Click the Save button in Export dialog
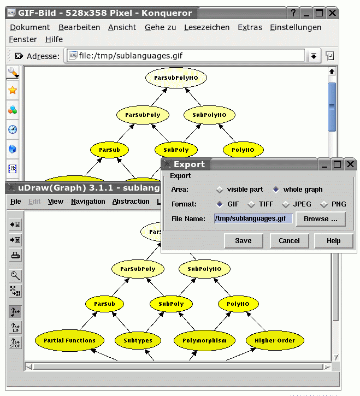243,241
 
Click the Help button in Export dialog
333,241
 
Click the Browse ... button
321,219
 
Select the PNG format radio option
324,205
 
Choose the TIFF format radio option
251,205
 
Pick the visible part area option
220,190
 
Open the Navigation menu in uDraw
88,202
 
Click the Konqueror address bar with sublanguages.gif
186,56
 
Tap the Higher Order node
275,340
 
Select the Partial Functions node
69,340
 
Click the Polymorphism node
204,340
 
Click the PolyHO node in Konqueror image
244,150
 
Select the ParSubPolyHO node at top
176,78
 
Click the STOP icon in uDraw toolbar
15,343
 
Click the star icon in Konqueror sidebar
13,91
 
